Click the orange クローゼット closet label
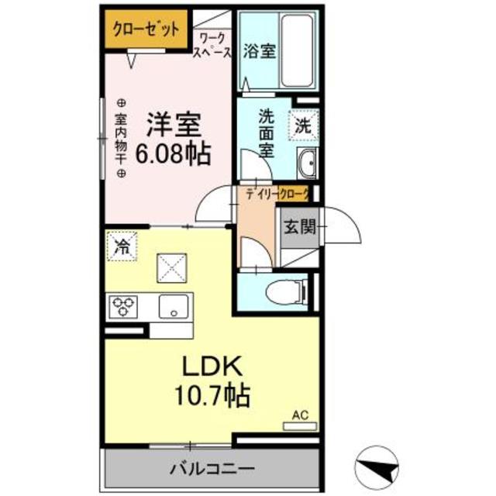(x=146, y=30)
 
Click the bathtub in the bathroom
(x=294, y=51)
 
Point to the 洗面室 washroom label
(x=266, y=133)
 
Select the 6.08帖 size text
(x=173, y=153)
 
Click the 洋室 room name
(x=174, y=125)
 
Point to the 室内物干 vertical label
(x=121, y=138)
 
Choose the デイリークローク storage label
(x=276, y=195)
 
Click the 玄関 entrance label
(x=298, y=227)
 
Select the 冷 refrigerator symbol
(x=122, y=247)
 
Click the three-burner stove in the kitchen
(x=124, y=307)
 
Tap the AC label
(x=299, y=415)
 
